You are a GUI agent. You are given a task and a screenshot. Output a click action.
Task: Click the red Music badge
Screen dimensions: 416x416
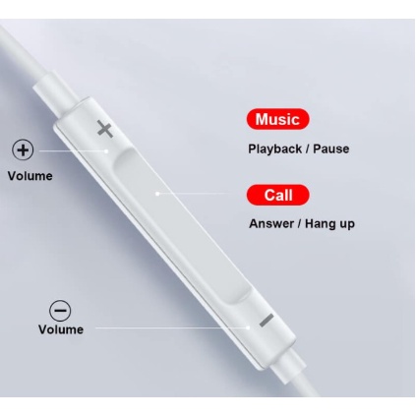click(277, 119)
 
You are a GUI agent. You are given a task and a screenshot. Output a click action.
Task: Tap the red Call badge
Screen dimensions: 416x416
click(278, 195)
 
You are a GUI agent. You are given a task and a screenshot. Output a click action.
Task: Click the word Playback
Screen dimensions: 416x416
click(274, 149)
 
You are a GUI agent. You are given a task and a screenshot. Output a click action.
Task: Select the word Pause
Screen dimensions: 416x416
click(331, 149)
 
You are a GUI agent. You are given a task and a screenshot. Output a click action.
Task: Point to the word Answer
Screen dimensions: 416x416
click(271, 224)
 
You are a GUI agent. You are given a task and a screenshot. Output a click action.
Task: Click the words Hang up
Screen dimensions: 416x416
click(329, 224)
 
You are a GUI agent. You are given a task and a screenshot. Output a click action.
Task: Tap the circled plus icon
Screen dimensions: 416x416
click(23, 150)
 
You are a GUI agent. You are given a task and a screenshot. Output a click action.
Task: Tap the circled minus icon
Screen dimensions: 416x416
click(60, 311)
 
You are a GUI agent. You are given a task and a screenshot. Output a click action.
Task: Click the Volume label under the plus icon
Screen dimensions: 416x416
click(30, 176)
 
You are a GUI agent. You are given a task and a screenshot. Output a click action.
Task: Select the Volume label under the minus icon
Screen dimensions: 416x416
click(61, 329)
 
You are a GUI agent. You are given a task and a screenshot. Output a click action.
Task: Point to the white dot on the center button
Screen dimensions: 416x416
click(157, 194)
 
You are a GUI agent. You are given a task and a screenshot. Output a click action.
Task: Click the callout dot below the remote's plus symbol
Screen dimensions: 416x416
click(106, 151)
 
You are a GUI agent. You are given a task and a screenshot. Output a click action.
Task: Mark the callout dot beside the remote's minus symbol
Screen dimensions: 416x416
click(248, 327)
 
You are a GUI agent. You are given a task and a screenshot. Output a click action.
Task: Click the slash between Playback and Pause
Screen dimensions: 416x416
click(308, 149)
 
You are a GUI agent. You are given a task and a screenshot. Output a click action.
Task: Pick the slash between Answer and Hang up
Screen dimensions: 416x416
click(299, 224)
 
